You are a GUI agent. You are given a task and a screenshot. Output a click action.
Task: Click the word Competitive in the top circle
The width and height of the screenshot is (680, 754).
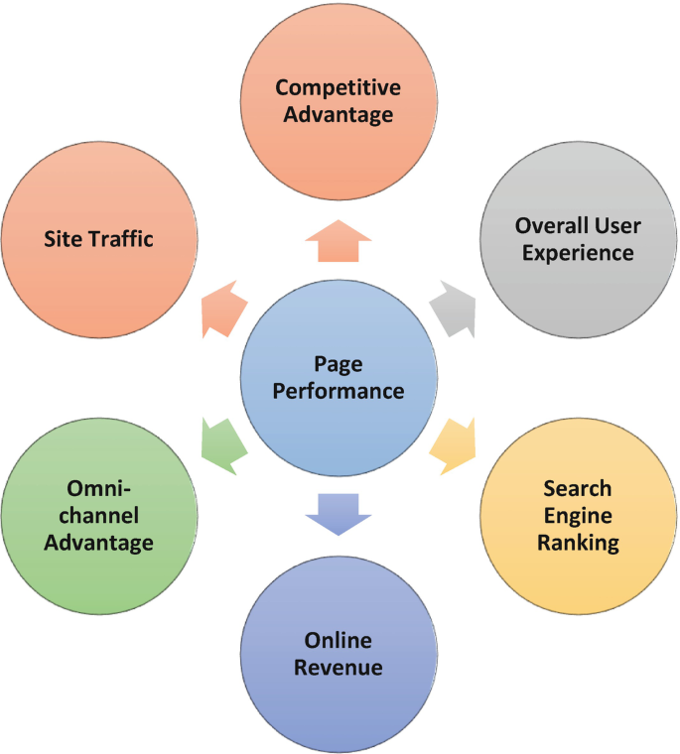pyautogui.click(x=339, y=87)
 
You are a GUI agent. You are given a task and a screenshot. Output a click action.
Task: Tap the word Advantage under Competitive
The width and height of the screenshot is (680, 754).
pyautogui.click(x=339, y=114)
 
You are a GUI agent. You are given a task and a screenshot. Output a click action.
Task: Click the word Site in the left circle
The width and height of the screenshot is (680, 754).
pyautogui.click(x=62, y=238)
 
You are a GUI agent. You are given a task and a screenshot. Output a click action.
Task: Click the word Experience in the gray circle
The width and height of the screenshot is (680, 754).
pyautogui.click(x=579, y=253)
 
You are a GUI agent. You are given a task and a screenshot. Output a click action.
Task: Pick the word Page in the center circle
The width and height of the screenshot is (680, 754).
pyautogui.click(x=338, y=363)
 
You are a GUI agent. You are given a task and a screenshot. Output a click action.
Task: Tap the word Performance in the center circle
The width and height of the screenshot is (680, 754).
pyautogui.click(x=339, y=391)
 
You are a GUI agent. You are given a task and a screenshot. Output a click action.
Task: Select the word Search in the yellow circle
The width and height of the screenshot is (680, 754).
pyautogui.click(x=578, y=489)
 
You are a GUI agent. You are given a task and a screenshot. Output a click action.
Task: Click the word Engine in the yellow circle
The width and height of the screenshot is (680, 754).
pyautogui.click(x=578, y=516)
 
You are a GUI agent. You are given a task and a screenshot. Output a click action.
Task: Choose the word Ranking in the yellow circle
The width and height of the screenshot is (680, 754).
pyautogui.click(x=578, y=543)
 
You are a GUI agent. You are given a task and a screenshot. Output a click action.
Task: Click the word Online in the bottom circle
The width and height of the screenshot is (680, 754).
pyautogui.click(x=339, y=639)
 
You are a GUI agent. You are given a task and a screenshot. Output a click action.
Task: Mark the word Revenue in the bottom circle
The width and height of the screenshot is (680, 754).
pyautogui.click(x=339, y=667)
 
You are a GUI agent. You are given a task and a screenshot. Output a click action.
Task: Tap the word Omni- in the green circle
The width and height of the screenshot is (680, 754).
pyautogui.click(x=97, y=489)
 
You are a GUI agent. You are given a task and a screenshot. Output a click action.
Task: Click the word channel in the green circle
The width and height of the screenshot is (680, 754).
pyautogui.click(x=97, y=516)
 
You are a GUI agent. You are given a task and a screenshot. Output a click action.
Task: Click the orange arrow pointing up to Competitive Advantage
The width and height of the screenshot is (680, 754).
pyautogui.click(x=339, y=241)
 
